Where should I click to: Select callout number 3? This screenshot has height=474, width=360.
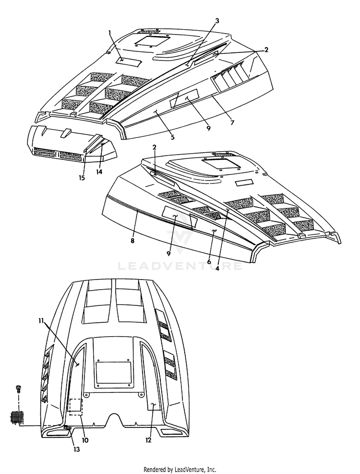pos(217,21)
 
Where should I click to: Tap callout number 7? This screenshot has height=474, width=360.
pos(232,122)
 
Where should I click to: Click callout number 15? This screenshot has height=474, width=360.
pos(82,178)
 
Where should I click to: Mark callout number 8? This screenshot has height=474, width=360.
pos(132,241)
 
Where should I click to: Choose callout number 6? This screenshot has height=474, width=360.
pos(209,261)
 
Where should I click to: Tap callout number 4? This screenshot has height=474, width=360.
pos(217,268)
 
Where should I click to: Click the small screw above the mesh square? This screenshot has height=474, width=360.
pos(19,389)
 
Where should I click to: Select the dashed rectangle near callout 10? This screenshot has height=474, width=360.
pos(75,406)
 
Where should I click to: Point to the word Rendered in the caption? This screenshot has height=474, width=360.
pos(156,469)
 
